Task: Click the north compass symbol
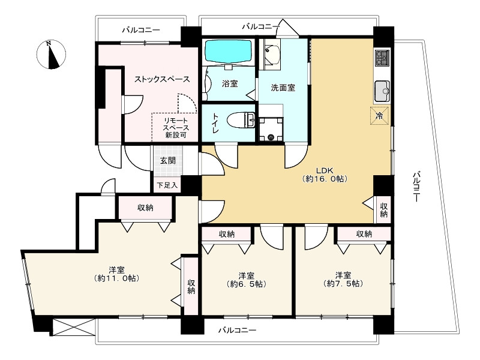(51, 55)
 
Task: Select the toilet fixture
(241, 120)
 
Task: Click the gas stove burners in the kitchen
(382, 58)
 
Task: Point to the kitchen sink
(382, 91)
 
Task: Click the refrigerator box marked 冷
(379, 116)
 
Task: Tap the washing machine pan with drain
(271, 130)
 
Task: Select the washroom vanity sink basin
(271, 54)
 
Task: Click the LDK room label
(325, 171)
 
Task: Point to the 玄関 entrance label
(168, 160)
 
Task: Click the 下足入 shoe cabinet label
(167, 185)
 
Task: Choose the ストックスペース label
(162, 79)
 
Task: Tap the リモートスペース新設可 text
(176, 128)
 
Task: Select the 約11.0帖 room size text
(117, 278)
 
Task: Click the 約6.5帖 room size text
(247, 284)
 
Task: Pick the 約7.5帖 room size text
(343, 283)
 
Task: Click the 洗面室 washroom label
(283, 88)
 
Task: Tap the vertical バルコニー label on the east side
(416, 187)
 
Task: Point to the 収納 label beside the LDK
(384, 210)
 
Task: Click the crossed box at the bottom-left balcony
(74, 327)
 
